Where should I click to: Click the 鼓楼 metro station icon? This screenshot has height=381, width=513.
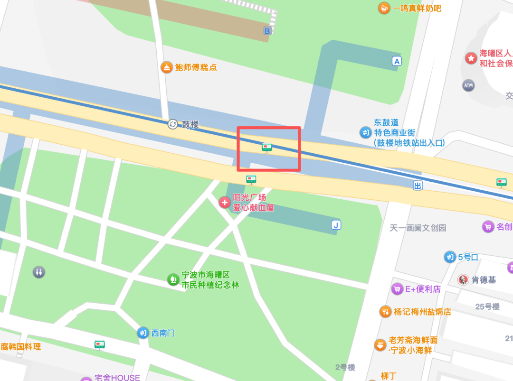click(172, 124)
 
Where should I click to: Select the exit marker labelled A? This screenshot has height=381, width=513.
click(397, 61)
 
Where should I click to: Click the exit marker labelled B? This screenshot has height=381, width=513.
click(267, 31)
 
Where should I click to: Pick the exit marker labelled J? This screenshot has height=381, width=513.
click(336, 225)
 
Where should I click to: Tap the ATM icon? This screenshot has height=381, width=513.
click(468, 85)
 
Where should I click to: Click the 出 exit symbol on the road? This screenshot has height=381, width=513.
click(418, 186)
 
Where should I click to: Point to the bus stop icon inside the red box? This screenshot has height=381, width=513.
click(267, 148)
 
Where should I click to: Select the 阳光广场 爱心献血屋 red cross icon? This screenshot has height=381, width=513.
click(224, 202)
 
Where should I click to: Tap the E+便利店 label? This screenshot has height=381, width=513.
click(422, 289)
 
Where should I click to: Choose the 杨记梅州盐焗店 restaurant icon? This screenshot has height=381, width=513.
click(385, 312)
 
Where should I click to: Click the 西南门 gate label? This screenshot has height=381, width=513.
click(163, 333)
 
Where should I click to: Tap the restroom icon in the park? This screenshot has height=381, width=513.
click(39, 272)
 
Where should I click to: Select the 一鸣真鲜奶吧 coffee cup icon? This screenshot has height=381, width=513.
click(383, 8)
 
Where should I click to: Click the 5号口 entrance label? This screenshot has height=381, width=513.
click(468, 257)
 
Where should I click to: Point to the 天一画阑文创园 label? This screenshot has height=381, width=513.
click(418, 228)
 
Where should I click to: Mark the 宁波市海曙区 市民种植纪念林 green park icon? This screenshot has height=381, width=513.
click(172, 279)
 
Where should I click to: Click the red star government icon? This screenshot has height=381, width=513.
click(471, 58)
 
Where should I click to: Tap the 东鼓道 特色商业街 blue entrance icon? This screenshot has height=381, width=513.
click(365, 132)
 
